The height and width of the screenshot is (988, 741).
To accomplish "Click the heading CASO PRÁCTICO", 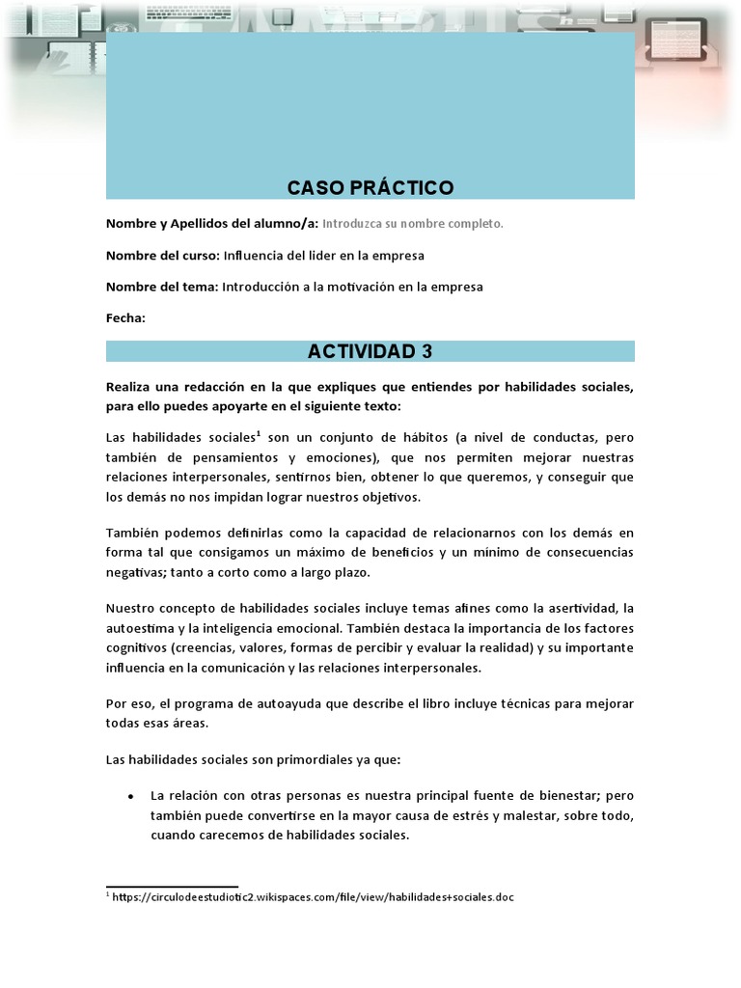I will click(x=370, y=187).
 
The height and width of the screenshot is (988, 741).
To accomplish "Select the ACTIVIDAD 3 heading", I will click(x=370, y=351).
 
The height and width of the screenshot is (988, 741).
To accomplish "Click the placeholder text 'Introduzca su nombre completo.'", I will click(x=412, y=224).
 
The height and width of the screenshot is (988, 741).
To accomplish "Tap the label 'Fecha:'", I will click(x=125, y=317).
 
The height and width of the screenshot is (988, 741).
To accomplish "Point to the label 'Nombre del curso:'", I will click(x=162, y=256).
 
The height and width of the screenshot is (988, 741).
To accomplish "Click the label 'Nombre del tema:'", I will click(x=162, y=287).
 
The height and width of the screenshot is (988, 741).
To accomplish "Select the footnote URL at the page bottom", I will click(x=314, y=897).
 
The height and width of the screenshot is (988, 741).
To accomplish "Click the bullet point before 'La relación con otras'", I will click(x=130, y=796).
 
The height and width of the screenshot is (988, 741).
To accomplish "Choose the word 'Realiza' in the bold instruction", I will click(x=130, y=387).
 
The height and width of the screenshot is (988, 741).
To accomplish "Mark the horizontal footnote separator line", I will click(x=172, y=886).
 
